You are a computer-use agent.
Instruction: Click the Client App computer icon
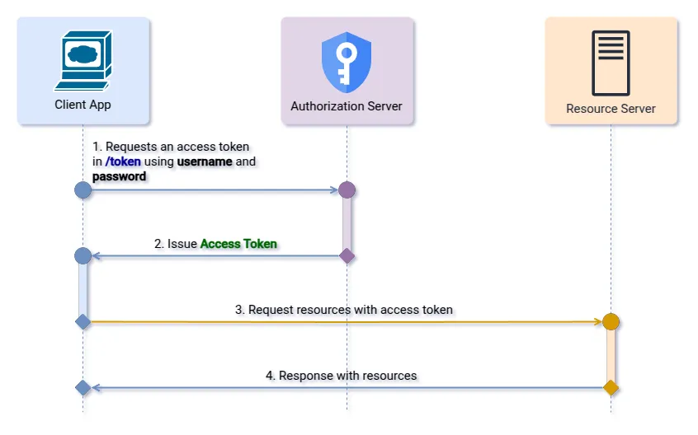point(83,60)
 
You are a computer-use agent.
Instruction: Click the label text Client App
point(83,105)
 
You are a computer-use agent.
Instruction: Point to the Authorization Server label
point(347,106)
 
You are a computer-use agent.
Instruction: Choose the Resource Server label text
point(611,109)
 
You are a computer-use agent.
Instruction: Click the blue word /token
point(123,161)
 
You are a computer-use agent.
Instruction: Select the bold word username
point(205,161)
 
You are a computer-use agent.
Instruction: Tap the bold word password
point(119,176)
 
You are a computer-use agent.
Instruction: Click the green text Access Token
point(238,244)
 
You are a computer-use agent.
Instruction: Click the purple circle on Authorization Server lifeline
point(347,190)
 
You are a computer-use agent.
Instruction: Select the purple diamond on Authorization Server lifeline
point(347,256)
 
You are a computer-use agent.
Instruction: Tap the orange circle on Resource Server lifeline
point(611,322)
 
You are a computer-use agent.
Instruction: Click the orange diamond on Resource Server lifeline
point(611,387)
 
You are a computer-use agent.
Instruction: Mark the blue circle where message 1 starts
point(83,190)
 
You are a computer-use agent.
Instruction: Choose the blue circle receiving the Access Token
point(83,256)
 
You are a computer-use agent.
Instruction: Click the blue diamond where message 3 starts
point(83,321)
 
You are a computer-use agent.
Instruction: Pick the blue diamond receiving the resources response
point(83,387)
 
